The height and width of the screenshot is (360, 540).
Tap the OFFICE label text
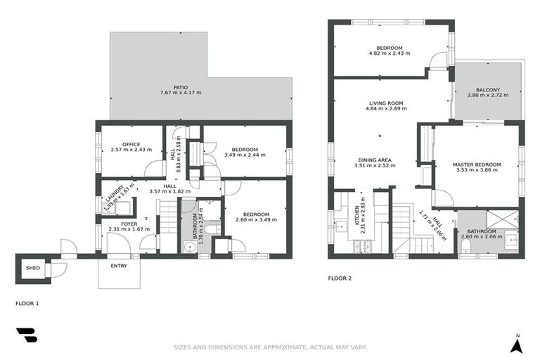point(131,144)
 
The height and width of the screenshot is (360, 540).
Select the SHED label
point(32,268)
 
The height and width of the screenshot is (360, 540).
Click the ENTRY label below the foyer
point(119,266)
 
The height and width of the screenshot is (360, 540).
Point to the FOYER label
point(129,224)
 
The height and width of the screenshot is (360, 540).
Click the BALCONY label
point(487,89)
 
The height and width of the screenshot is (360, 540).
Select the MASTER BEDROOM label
point(477,164)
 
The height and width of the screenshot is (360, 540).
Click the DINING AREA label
point(375,160)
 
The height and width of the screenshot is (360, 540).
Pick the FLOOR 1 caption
point(27,303)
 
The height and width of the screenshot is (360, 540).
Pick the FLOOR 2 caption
point(340,278)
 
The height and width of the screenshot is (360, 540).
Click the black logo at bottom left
point(27,336)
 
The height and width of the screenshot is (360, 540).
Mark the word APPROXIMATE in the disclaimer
point(276,347)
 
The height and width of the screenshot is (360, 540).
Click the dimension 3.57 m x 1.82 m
point(169,192)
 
